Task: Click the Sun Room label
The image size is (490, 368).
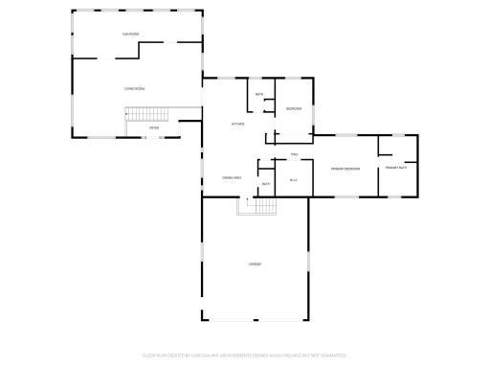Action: tap(130, 34)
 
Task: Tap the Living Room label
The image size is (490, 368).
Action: tap(134, 88)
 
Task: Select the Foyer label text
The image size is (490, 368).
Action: tap(154, 127)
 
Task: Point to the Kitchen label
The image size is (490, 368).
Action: tap(237, 124)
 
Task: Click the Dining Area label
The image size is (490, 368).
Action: tap(231, 177)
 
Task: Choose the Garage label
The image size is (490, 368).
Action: tap(255, 264)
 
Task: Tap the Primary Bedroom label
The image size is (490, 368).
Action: tap(345, 169)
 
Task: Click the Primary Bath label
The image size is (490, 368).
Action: tap(397, 169)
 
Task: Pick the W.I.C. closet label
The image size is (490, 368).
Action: tap(294, 179)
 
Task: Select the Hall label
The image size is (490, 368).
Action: tap(296, 154)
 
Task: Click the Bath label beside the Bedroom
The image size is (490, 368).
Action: tap(258, 94)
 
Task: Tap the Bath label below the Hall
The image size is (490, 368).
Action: tap(265, 184)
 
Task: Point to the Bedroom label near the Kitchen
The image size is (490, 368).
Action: tap(294, 109)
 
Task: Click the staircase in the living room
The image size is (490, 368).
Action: tap(147, 114)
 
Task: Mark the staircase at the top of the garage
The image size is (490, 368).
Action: tap(256, 205)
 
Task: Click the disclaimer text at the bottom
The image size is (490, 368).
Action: tap(244, 355)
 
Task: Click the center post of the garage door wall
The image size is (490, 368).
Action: tap(256, 322)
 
